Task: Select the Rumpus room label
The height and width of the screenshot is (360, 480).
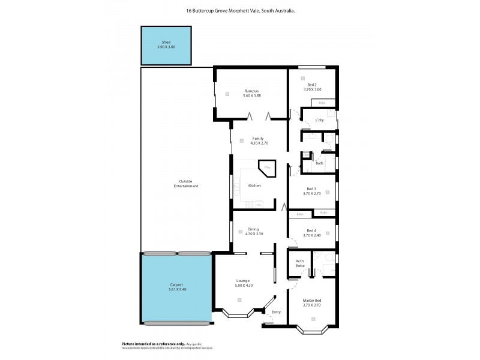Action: pyautogui.click(x=252, y=91)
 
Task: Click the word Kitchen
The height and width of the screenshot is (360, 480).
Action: pyautogui.click(x=255, y=186)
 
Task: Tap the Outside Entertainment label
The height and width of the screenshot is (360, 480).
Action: pyautogui.click(x=185, y=184)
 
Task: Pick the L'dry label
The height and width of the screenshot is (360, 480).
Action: pyautogui.click(x=319, y=121)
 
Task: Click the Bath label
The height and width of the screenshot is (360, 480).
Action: pyautogui.click(x=319, y=163)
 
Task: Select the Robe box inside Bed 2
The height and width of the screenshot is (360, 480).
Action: pyautogui.click(x=322, y=103)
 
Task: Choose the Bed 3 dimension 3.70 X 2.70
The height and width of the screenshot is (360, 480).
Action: pyautogui.click(x=312, y=194)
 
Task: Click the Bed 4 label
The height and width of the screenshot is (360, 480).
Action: pyautogui.click(x=311, y=230)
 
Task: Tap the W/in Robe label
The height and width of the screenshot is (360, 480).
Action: pyautogui.click(x=300, y=263)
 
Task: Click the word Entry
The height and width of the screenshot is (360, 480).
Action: pyautogui.click(x=276, y=312)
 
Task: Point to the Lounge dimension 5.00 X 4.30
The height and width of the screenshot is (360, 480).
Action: pyautogui.click(x=243, y=285)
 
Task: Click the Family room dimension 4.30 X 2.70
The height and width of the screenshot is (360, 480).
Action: pyautogui.click(x=258, y=143)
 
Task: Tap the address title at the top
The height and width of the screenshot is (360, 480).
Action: pyautogui.click(x=240, y=11)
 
